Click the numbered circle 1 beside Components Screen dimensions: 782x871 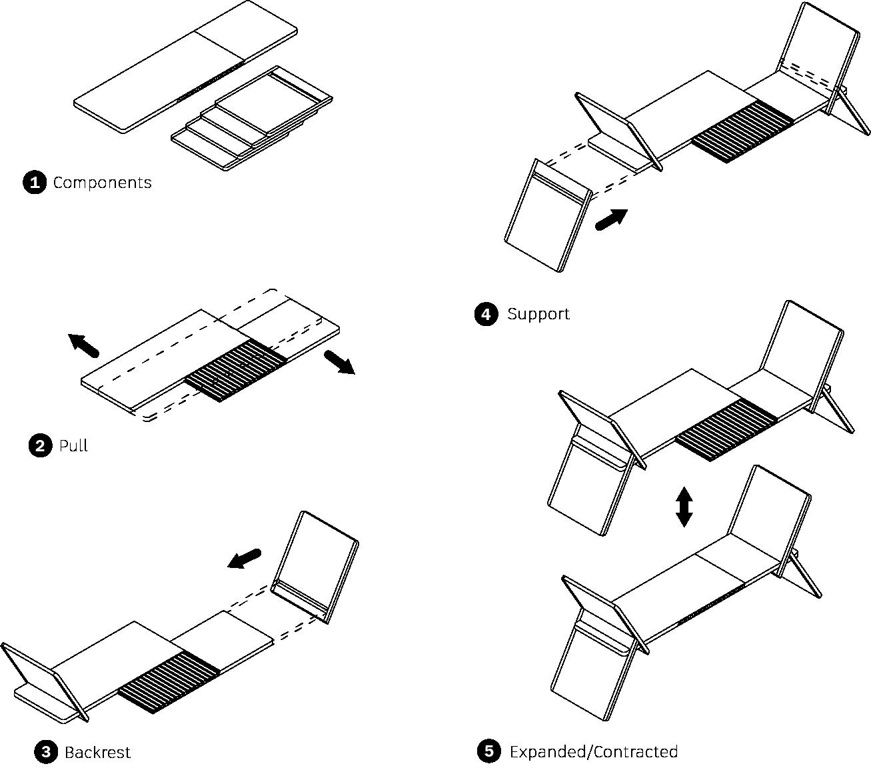[x=34, y=183]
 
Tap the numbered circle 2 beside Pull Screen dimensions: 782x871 [x=40, y=445]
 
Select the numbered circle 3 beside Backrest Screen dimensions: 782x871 [x=45, y=753]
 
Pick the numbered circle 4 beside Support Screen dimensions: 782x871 [x=486, y=314]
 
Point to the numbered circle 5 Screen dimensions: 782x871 [x=488, y=752]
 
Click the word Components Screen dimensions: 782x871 [x=102, y=183]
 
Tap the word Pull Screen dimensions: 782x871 [x=73, y=445]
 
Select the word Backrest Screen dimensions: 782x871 [x=97, y=753]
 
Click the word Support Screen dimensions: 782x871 [x=538, y=314]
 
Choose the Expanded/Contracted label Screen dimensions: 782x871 [x=593, y=752]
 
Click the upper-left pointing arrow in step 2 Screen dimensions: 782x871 [x=84, y=345]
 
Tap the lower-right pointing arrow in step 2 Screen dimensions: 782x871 [x=339, y=362]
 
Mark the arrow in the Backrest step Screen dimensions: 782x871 [x=244, y=559]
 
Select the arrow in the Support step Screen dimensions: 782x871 [x=611, y=219]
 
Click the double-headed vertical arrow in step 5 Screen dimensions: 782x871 [x=684, y=507]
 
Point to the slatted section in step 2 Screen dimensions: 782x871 [x=235, y=370]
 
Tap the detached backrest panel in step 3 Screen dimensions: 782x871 [x=315, y=563]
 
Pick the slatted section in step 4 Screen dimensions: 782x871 [x=743, y=131]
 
